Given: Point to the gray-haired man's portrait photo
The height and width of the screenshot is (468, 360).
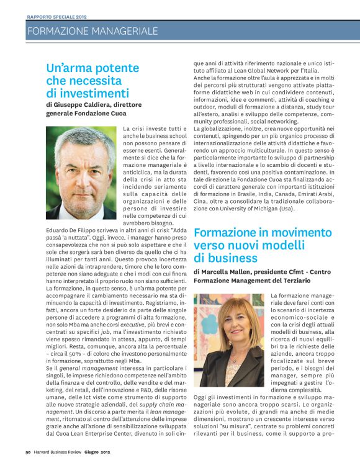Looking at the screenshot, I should click(x=81, y=172).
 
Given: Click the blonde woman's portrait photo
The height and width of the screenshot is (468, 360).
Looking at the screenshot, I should click(x=229, y=331).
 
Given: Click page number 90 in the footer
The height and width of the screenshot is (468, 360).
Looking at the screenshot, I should click(x=29, y=460).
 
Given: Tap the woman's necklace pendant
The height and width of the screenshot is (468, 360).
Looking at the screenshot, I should click(x=233, y=359).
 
